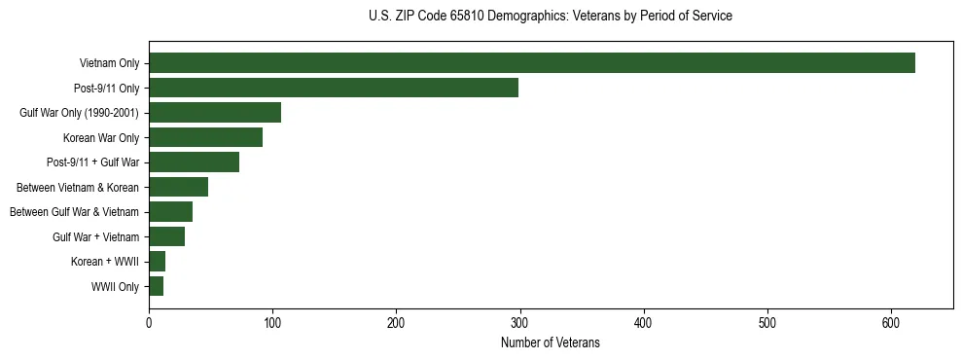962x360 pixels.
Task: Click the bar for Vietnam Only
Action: (x=531, y=63)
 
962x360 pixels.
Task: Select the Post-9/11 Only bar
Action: (x=334, y=88)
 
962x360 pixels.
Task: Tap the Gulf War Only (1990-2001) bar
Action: (x=215, y=113)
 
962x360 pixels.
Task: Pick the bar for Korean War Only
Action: (x=205, y=137)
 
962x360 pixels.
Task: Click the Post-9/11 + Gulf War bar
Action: (x=194, y=162)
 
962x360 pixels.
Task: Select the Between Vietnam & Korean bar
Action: (x=178, y=187)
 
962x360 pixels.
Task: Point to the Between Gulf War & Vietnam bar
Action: (x=170, y=212)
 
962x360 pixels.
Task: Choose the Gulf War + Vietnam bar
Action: (x=166, y=236)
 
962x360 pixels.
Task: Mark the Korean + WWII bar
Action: (x=157, y=262)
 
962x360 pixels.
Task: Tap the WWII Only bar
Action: (x=156, y=286)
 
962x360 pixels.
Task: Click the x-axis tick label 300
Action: (x=520, y=324)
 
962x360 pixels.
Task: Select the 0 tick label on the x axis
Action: (x=149, y=324)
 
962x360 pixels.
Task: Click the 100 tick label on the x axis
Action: (x=272, y=324)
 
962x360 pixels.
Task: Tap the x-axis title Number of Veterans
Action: (x=550, y=343)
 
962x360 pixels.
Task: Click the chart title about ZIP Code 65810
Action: (x=551, y=17)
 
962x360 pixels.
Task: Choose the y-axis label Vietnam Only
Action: (x=109, y=64)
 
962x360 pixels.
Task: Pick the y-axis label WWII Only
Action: (x=115, y=287)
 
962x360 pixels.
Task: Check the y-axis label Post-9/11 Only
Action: (x=106, y=89)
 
